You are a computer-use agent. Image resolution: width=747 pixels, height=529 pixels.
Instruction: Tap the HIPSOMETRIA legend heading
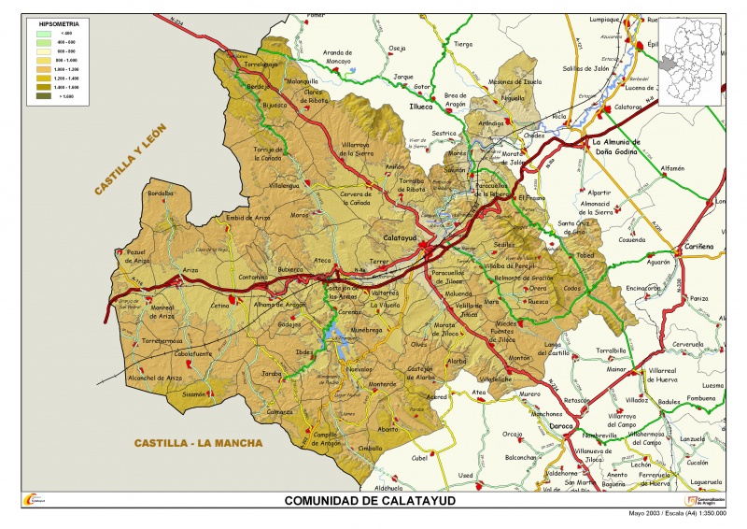pos(52,21)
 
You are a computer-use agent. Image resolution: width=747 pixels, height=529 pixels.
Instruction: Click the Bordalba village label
pos(161,193)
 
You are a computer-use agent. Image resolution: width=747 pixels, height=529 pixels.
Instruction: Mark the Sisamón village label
pos(193,394)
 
